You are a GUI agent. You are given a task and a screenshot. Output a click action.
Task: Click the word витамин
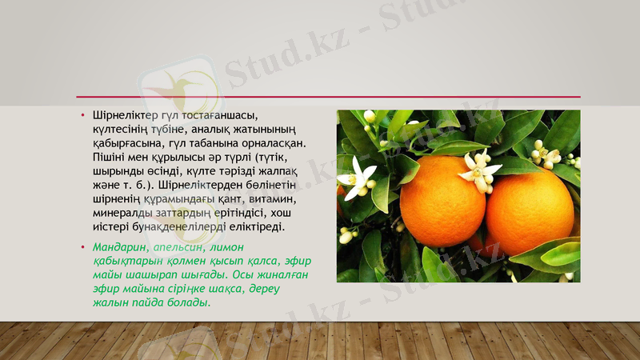click(271, 199)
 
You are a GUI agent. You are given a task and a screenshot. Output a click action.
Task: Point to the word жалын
click(110, 303)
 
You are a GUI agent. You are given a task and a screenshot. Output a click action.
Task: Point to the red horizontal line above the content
click(320, 97)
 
